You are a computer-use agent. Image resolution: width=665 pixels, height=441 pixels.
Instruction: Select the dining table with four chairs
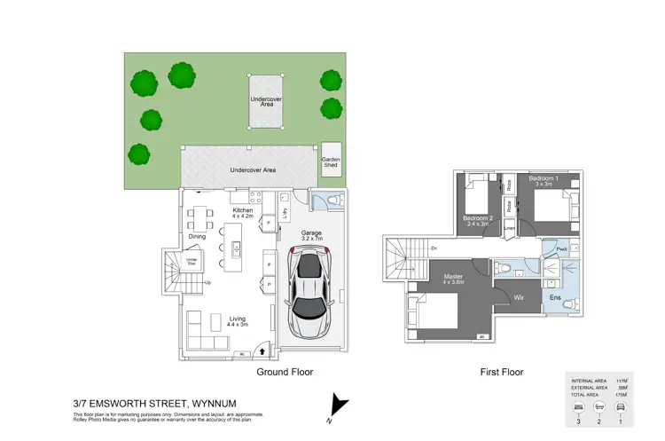pos(199,217)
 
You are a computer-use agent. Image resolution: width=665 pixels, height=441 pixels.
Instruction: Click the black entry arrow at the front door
pos(258,351)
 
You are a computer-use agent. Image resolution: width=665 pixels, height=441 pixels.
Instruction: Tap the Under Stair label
pos(191,260)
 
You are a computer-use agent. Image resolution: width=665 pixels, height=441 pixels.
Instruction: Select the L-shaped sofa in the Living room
pos(203,337)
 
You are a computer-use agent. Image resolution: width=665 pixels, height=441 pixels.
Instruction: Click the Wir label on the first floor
pos(520,297)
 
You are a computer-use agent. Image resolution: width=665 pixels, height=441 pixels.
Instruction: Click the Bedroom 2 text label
pos(477,220)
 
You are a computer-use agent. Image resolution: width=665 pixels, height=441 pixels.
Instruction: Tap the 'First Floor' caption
pos(502,373)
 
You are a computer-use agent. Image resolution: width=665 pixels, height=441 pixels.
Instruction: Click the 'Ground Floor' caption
pos(286,373)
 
